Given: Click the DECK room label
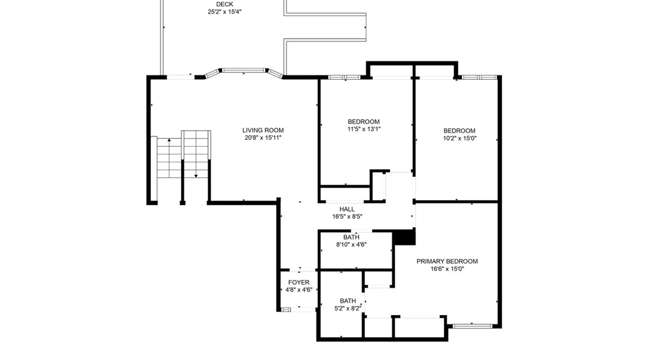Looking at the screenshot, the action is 225,4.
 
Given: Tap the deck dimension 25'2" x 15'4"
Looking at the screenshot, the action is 225,12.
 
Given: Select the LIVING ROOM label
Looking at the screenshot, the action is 263,130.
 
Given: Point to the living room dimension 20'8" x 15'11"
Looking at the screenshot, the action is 263,138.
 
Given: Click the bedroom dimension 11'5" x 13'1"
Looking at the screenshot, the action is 364,129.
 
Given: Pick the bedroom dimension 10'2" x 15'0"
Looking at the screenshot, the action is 460,138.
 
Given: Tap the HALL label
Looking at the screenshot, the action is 347,209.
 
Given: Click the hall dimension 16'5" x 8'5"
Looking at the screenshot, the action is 347,216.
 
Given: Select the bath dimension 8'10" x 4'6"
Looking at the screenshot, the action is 351,244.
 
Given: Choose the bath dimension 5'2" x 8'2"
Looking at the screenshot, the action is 348,308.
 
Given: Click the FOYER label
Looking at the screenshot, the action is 299,283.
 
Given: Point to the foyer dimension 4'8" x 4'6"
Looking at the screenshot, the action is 299,290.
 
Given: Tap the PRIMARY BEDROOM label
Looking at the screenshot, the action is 447,261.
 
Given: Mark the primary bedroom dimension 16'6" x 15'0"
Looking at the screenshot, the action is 447,269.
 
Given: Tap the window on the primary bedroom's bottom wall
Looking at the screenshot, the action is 472,326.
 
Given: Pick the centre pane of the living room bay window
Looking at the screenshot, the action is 244,70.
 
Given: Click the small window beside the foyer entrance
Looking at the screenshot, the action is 286,310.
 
